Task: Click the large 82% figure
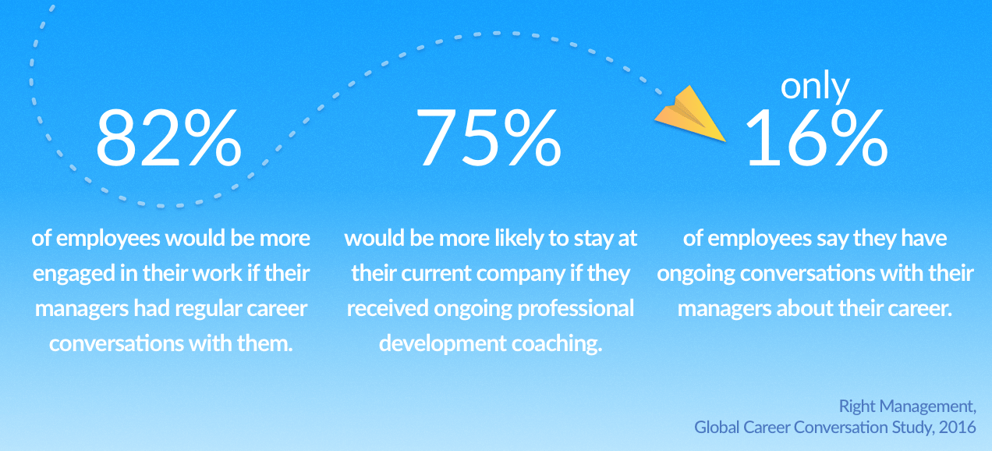click(x=168, y=138)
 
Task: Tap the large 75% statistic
click(x=488, y=138)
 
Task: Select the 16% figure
click(x=817, y=138)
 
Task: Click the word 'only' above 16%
click(x=815, y=87)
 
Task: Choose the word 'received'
click(x=388, y=309)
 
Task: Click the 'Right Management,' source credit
click(x=908, y=407)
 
